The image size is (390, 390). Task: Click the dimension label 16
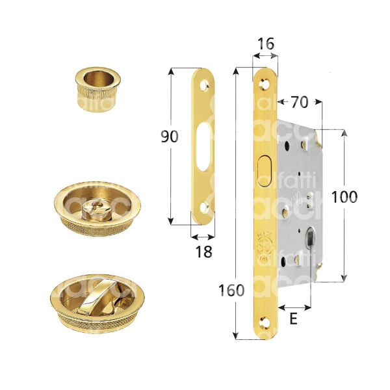(266, 44)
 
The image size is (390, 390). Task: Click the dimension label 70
(300, 103)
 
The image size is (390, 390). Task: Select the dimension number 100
(344, 196)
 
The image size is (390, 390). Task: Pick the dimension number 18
(203, 252)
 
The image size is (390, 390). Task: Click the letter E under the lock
(294, 319)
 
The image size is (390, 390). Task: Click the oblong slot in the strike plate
(203, 140)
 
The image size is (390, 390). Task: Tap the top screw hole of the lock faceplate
(264, 83)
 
